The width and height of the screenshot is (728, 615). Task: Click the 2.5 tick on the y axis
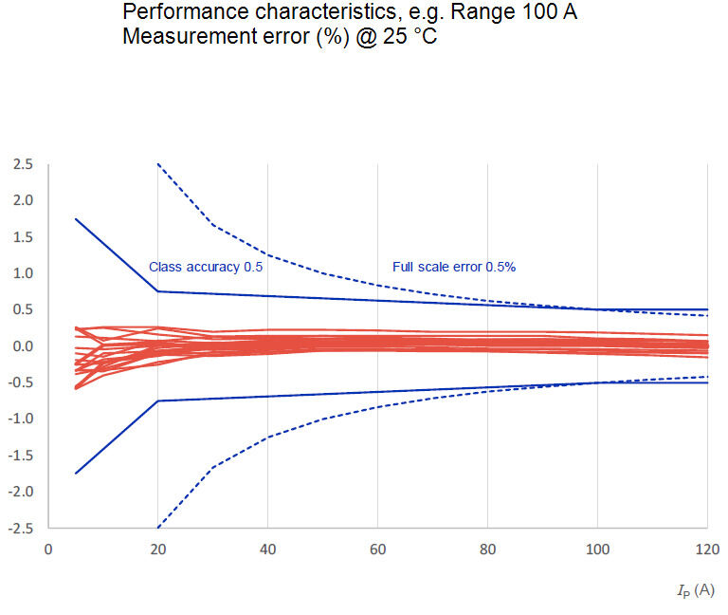[23, 164]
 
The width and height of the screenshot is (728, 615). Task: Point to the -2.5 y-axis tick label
[21, 529]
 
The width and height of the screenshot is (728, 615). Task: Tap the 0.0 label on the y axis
[23, 346]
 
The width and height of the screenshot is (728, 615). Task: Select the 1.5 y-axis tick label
[23, 237]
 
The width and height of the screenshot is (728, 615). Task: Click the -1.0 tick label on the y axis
[21, 419]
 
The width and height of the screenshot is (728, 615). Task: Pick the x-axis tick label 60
[377, 550]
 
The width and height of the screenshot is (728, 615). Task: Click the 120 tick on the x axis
[707, 550]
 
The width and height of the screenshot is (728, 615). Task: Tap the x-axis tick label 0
[48, 550]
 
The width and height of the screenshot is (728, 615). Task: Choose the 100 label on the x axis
[597, 550]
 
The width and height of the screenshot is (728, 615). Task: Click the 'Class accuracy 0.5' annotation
[206, 267]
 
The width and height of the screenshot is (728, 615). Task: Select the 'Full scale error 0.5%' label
[454, 267]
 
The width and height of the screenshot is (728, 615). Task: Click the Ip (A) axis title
[696, 591]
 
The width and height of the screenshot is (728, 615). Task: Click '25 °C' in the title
[409, 36]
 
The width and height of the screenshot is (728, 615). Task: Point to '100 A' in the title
[550, 11]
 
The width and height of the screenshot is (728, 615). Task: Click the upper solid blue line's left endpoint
[76, 219]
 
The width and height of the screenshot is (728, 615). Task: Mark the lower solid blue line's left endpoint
[76, 474]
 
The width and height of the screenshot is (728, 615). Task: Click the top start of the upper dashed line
[158, 164]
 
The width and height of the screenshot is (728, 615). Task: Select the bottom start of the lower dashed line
[158, 528]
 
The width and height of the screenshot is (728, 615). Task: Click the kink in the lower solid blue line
[158, 401]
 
